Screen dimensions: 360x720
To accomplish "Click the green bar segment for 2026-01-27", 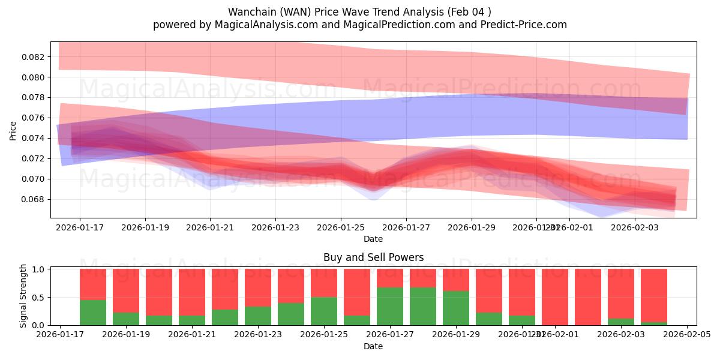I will [390, 306].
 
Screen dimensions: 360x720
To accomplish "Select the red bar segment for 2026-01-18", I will [93, 283].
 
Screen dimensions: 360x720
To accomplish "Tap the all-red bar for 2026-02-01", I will [555, 297].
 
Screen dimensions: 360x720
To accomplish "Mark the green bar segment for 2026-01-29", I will [456, 308].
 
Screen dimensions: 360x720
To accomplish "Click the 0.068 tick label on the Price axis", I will [34, 199].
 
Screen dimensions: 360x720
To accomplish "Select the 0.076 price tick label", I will [34, 118].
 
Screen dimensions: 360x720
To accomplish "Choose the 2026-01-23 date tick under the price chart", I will [275, 228].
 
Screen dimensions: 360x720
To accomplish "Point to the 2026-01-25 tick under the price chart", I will [341, 228].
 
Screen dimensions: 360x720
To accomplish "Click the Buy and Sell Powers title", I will [373, 257].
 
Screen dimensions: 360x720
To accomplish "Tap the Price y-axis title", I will [14, 130].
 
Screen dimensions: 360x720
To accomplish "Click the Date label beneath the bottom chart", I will [373, 346].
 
